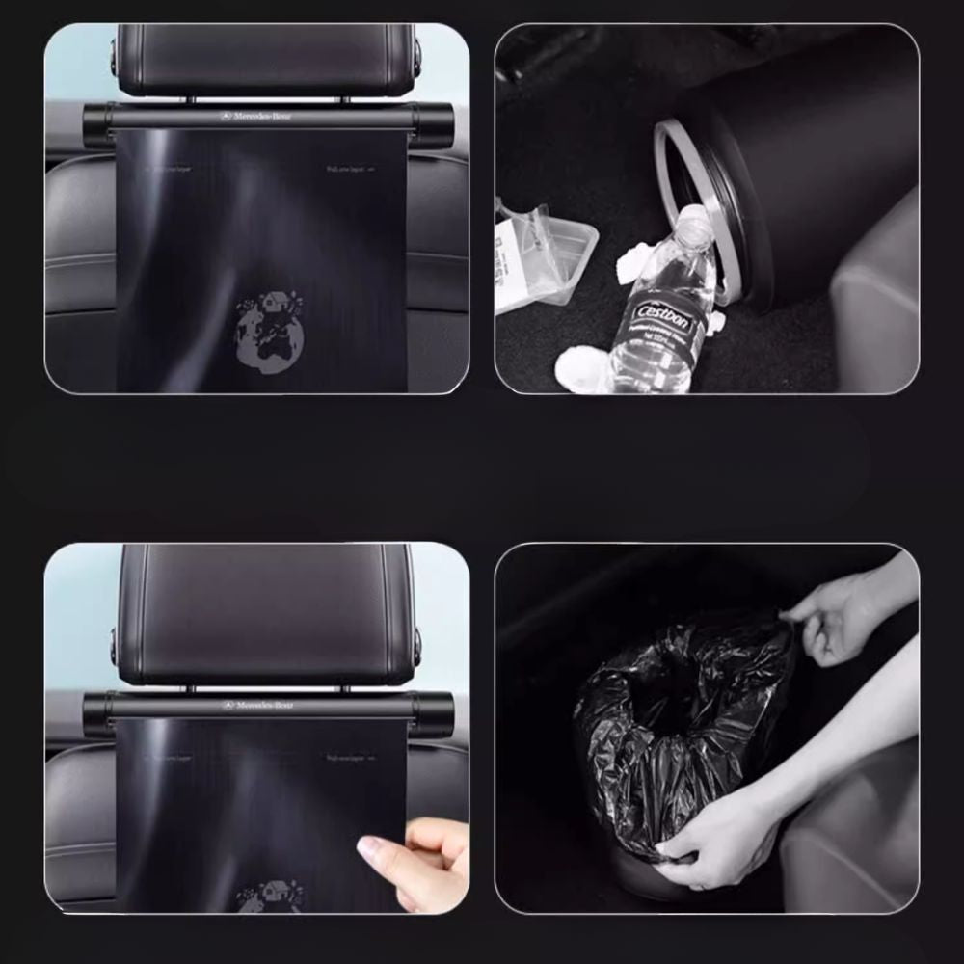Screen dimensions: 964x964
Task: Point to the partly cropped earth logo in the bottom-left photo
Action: pos(270,896)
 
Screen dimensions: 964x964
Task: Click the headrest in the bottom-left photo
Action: pos(266,613)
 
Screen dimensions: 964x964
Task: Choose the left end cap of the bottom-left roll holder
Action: pos(96,713)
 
